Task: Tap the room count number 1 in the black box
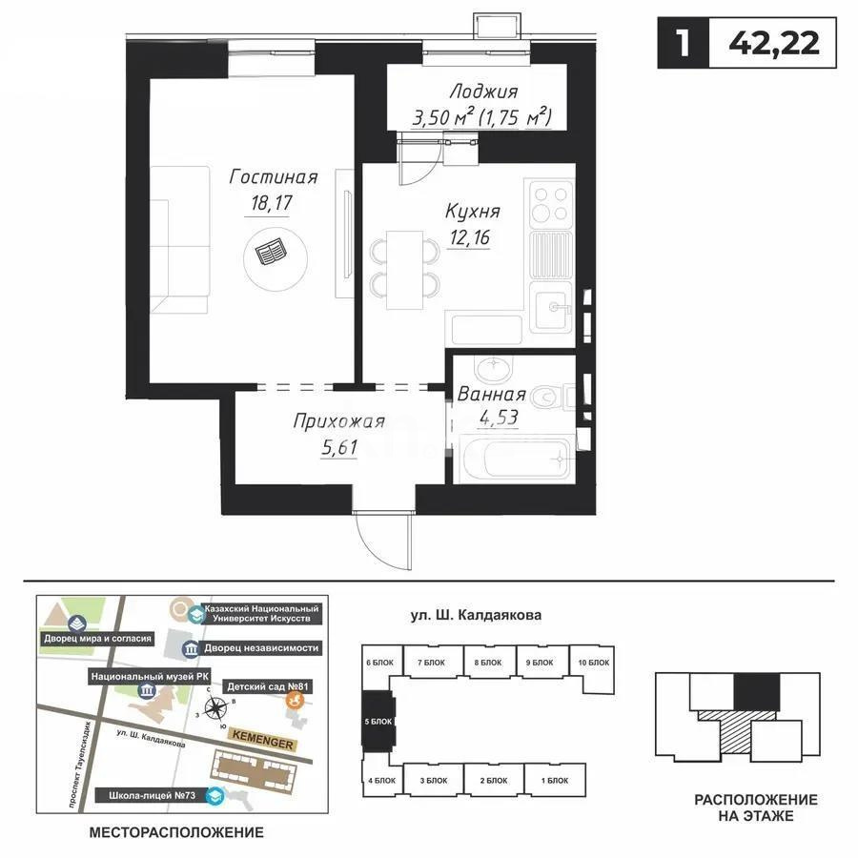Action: pos(683,45)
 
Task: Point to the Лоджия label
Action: pos(485,92)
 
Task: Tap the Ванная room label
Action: pos(491,395)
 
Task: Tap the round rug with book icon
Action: pos(276,253)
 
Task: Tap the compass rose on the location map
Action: pos(218,707)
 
